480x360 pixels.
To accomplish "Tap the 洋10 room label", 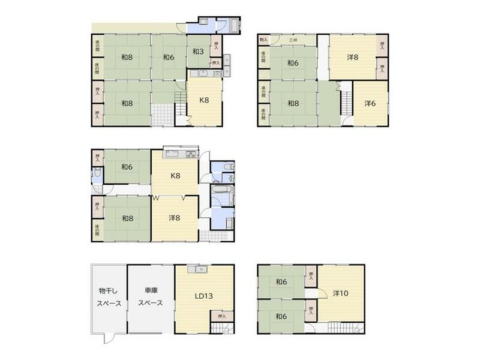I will click(341, 293).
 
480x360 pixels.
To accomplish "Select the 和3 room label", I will click(199, 52).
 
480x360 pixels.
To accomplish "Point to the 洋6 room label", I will click(371, 103).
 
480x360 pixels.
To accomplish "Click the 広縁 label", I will click(293, 41).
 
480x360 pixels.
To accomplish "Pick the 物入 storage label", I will click(263, 40).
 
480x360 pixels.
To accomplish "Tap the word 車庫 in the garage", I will click(151, 290).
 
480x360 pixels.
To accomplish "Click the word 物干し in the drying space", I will click(110, 290).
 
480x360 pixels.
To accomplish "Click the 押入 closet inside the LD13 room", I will click(222, 316).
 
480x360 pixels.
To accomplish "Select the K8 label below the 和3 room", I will click(205, 100).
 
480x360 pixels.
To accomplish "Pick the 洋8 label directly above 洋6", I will click(353, 58).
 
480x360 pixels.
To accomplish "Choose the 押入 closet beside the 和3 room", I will click(216, 44).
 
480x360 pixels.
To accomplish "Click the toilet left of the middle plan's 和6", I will click(97, 176).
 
